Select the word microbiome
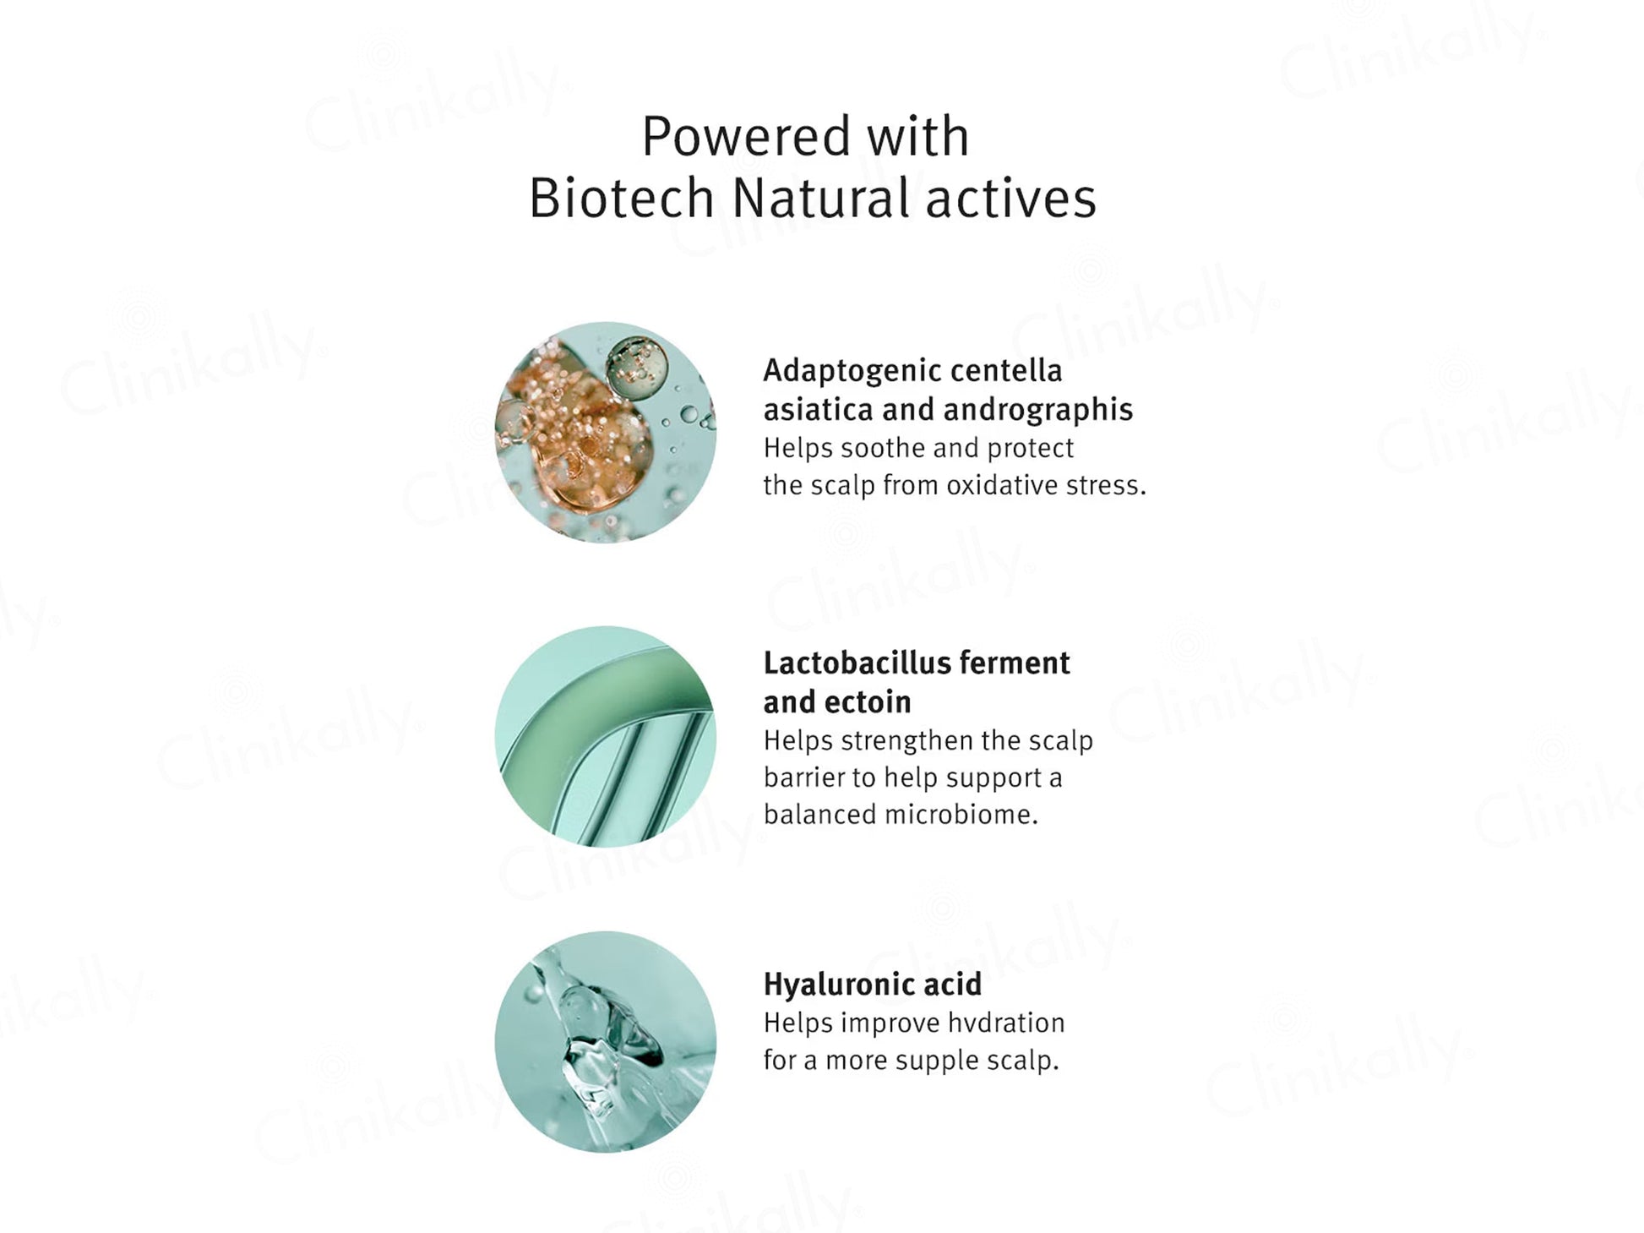click(x=961, y=815)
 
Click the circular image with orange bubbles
click(x=606, y=433)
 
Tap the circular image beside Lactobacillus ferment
click(x=606, y=737)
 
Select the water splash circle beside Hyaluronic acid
click(x=606, y=1042)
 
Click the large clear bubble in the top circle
click(x=637, y=368)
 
